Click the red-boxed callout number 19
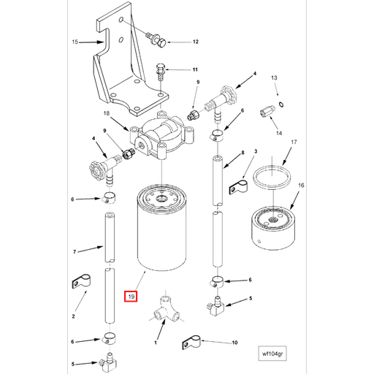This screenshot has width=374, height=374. [x=130, y=297]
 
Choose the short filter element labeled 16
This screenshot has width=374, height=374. [x=273, y=226]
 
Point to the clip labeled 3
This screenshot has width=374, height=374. [x=235, y=186]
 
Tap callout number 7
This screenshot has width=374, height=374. [x=75, y=252]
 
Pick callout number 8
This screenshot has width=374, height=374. [x=242, y=153]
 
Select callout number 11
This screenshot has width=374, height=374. [x=195, y=69]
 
